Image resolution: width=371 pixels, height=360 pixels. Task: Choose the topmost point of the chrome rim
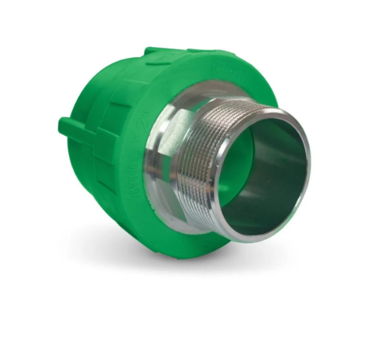coord(273,111)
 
